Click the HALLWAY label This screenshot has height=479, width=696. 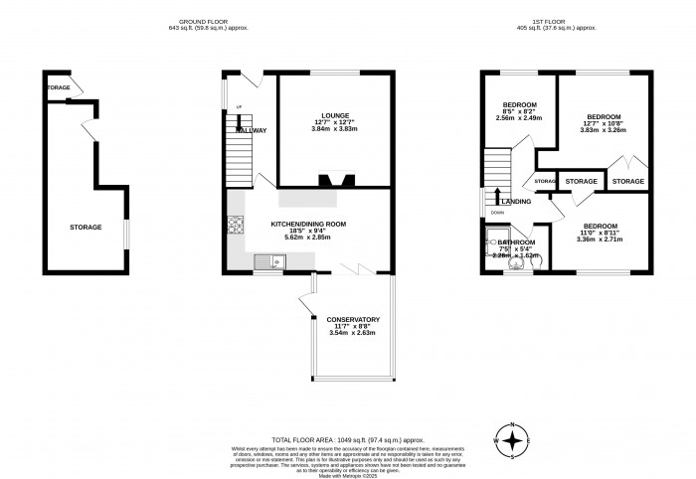(x=251, y=131)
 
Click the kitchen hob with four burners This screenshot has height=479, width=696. (x=238, y=228)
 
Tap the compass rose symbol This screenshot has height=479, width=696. (x=512, y=438)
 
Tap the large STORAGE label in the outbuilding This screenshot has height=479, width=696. (x=86, y=228)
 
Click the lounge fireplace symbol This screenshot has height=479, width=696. (x=332, y=181)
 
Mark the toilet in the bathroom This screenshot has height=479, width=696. (x=515, y=263)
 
